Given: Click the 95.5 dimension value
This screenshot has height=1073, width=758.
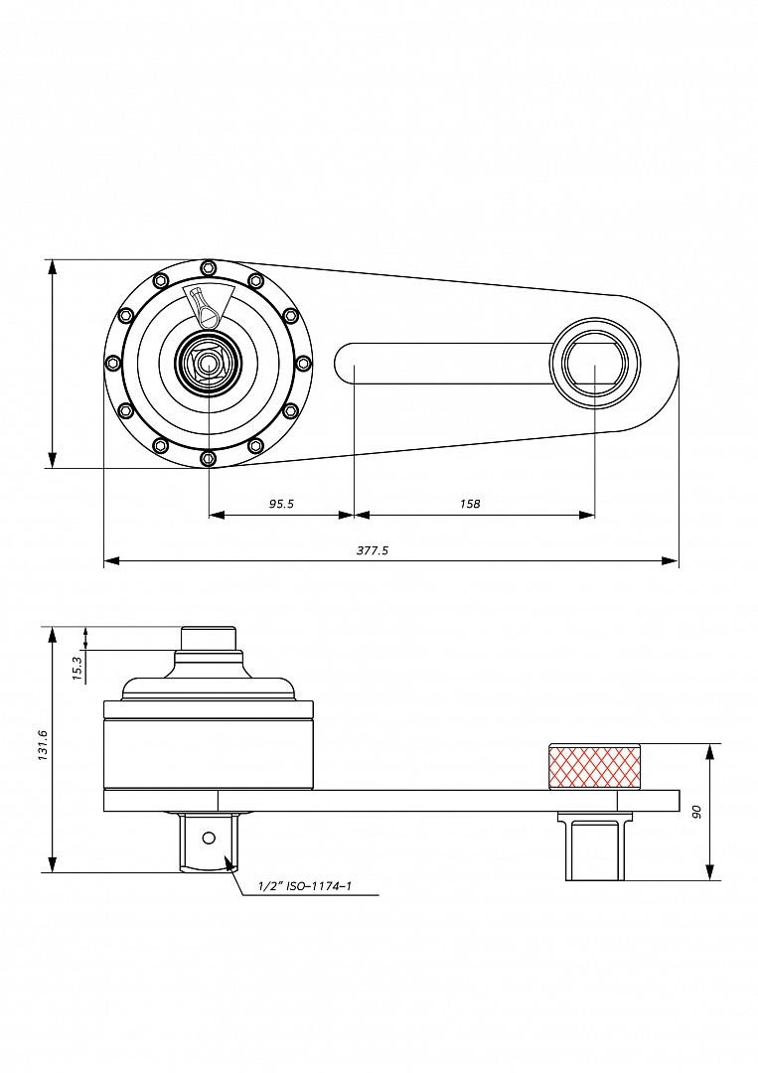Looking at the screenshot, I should tap(281, 504).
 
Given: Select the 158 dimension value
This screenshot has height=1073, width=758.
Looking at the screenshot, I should tap(470, 504).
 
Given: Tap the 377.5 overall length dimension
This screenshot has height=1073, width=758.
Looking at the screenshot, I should tap(373, 549).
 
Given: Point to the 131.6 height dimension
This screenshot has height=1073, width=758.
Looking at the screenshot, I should tap(43, 746).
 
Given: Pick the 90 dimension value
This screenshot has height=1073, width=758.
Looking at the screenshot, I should tap(697, 811).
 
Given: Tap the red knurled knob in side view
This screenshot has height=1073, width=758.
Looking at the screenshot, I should tap(595, 766).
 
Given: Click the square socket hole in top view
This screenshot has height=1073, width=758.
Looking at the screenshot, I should tap(595, 364).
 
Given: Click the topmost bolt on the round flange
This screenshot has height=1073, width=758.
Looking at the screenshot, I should tap(207, 267).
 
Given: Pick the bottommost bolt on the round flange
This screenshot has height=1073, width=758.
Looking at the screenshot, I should tap(207, 459).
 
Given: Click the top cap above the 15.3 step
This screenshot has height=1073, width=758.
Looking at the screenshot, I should tap(209, 638).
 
